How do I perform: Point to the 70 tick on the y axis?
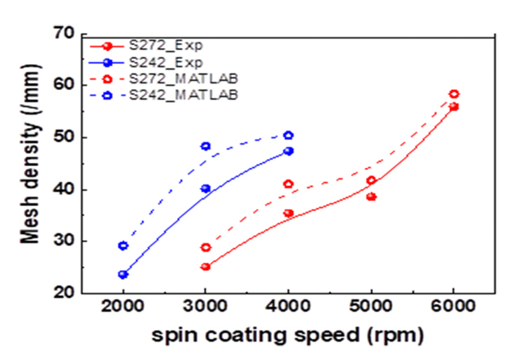pos(65,33)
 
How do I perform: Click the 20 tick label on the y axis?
pos(65,292)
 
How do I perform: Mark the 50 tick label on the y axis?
pos(65,137)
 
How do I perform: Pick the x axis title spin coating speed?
pos(288,336)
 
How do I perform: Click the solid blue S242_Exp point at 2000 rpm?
pos(123,274)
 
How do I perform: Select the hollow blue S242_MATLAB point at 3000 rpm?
pos(205,146)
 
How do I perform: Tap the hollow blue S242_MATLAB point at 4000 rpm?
pos(288,135)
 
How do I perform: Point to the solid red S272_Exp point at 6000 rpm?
pos(454,107)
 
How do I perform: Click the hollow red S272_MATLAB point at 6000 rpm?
pos(454,94)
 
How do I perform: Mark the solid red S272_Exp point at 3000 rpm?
pos(205,266)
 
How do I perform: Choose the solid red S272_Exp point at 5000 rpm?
pos(371,197)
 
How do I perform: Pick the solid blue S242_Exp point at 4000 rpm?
pos(288,151)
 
